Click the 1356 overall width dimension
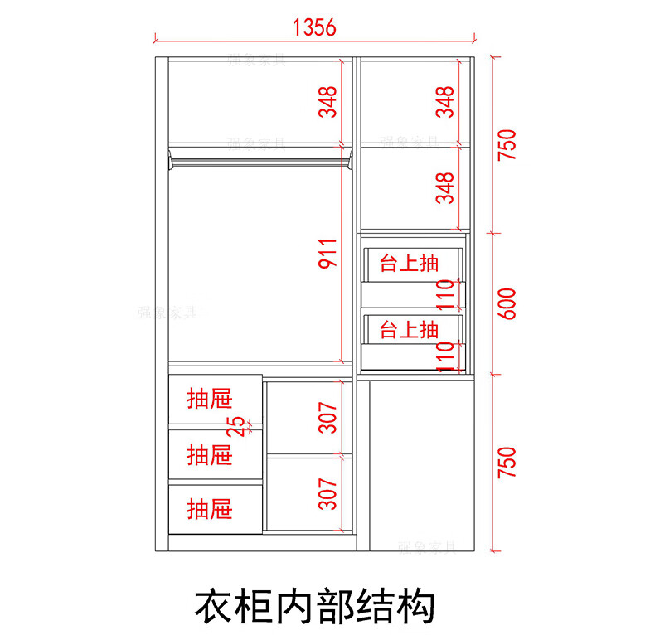tap(314, 27)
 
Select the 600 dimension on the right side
tap(507, 303)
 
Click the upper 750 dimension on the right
tap(507, 144)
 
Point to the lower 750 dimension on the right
tap(507, 463)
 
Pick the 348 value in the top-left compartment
tap(329, 101)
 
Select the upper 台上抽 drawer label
tap(409, 264)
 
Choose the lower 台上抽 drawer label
tap(409, 329)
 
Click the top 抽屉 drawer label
tap(209, 400)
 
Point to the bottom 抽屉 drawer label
tap(209, 507)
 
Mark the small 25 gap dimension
tap(238, 426)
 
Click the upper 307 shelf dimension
tap(329, 417)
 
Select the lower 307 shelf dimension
tap(329, 494)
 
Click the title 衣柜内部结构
tap(314, 607)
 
